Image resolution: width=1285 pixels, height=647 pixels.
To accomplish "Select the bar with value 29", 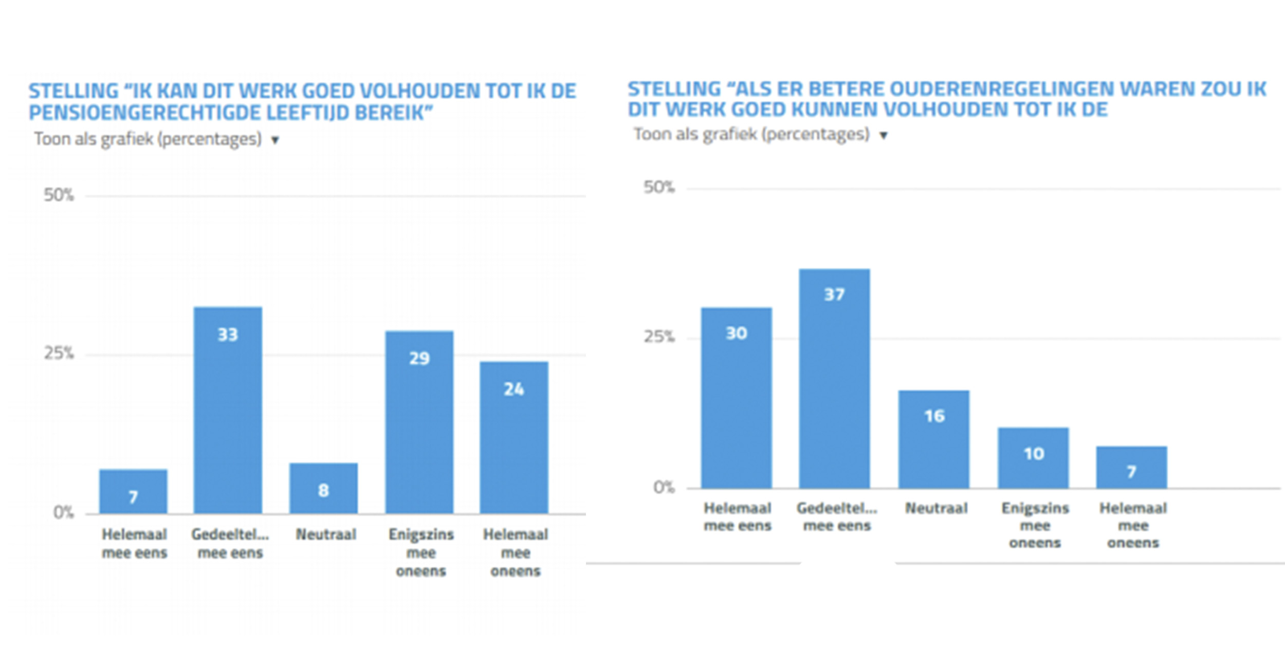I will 419,422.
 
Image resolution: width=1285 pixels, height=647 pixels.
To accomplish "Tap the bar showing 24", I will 514,437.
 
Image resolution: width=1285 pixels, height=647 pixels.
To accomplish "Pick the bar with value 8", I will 323,488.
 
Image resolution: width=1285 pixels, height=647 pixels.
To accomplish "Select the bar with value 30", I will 737,398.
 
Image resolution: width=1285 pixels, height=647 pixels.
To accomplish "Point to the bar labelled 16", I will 934,439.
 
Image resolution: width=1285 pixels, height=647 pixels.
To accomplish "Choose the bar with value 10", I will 1033,457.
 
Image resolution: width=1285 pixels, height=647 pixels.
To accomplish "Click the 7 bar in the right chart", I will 1131,467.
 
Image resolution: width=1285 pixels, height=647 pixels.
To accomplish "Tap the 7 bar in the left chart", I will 133,491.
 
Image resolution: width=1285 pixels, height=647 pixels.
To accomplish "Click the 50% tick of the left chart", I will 59,195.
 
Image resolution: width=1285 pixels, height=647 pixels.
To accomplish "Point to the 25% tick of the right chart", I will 658,337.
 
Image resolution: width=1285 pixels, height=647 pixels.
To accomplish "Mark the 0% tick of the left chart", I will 63,512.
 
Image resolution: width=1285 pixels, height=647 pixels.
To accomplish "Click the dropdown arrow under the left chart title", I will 275,140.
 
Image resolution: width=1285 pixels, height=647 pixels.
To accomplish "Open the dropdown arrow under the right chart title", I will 883,136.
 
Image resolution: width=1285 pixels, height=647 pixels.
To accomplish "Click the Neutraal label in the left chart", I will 326,534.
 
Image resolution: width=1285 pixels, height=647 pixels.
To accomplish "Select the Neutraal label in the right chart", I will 936,508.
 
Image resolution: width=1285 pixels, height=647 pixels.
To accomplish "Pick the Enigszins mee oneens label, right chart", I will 1035,525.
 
